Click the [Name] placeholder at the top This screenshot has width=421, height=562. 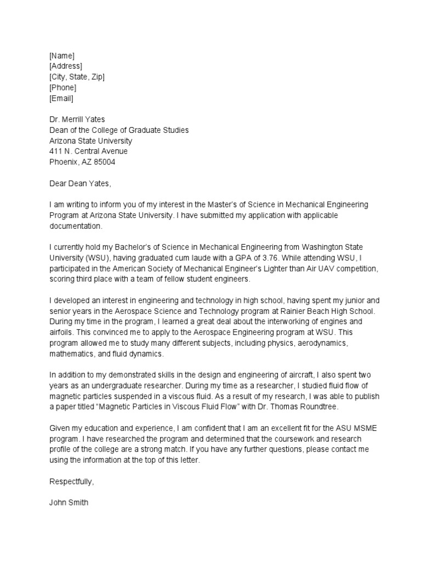click(61, 55)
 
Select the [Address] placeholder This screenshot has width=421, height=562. click(66, 66)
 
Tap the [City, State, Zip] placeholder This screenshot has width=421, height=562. click(77, 77)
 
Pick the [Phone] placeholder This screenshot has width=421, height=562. click(62, 88)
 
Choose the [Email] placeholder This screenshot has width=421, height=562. click(61, 98)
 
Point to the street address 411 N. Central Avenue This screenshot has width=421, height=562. click(88, 151)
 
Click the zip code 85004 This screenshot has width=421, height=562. click(105, 162)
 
